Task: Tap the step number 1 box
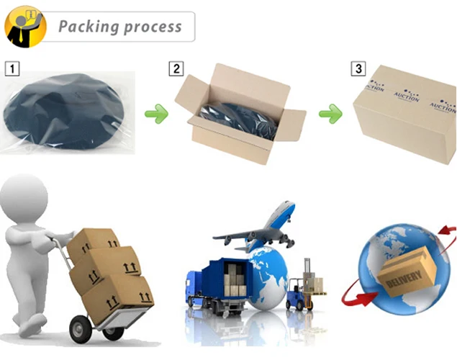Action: click(x=12, y=70)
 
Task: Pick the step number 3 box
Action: click(x=358, y=69)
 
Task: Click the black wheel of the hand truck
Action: click(x=114, y=332)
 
